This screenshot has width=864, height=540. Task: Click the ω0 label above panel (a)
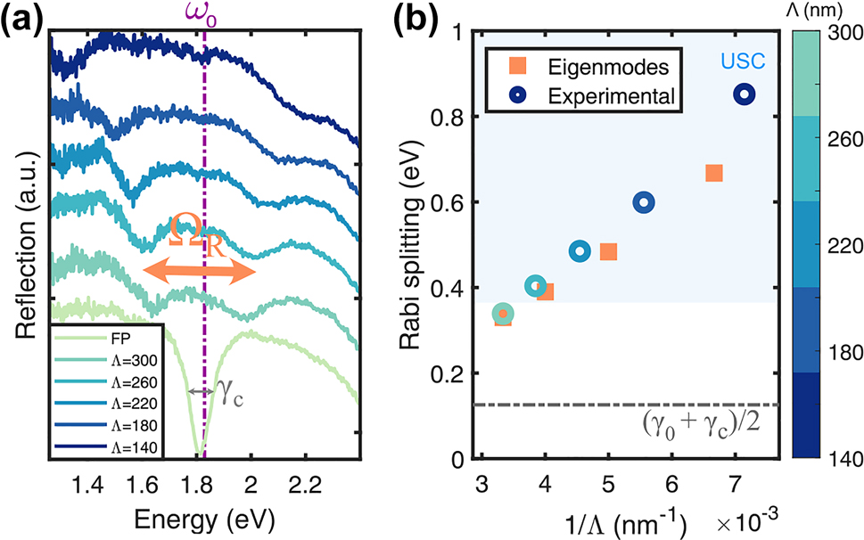click(x=205, y=15)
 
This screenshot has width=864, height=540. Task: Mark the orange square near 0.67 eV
click(x=713, y=173)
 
